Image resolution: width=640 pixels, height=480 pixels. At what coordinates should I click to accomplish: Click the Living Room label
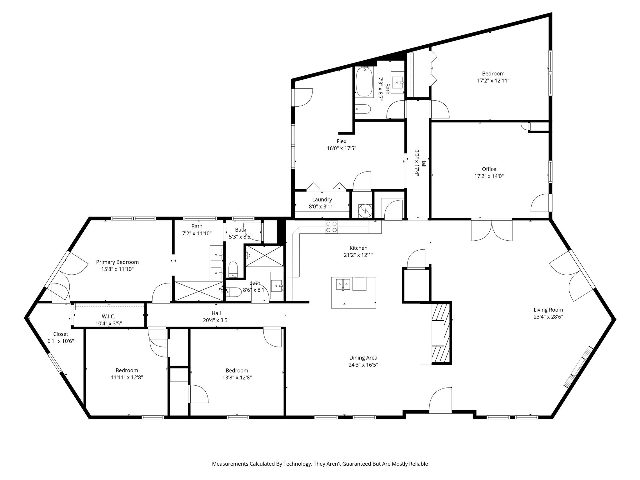click(x=548, y=310)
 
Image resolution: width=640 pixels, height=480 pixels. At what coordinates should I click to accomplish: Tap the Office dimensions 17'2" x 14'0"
click(x=489, y=176)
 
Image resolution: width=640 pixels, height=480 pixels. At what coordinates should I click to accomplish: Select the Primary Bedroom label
click(x=117, y=262)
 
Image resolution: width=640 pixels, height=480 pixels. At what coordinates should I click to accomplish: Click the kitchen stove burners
click(x=331, y=227)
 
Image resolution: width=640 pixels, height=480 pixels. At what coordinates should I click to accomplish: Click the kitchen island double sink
click(x=343, y=284)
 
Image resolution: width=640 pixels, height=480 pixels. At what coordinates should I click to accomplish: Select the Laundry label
click(x=322, y=199)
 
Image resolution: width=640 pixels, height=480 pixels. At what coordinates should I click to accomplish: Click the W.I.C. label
click(x=108, y=317)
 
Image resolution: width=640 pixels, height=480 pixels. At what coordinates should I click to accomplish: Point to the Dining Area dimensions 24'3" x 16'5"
click(x=363, y=365)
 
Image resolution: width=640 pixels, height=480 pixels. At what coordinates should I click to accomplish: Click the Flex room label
click(x=341, y=141)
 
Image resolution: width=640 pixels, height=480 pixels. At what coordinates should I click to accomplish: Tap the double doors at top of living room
click(x=492, y=231)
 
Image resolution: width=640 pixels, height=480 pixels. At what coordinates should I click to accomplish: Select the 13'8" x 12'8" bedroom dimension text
click(x=237, y=377)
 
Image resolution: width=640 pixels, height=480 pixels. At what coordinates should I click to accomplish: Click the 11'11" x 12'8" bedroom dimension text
click(x=127, y=377)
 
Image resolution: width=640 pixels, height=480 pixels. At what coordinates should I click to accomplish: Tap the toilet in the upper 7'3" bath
click(x=364, y=109)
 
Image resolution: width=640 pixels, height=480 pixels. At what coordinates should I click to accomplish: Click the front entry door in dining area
click(x=441, y=401)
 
